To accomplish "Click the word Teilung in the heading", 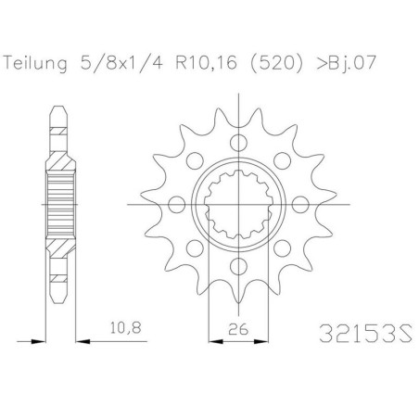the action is click(x=35, y=64).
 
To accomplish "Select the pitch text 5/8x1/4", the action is click(x=121, y=63).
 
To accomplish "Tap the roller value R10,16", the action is click(x=207, y=63).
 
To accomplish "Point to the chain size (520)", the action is click(x=275, y=63).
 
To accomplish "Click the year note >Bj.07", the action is click(x=346, y=63).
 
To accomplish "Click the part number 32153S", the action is click(x=365, y=333).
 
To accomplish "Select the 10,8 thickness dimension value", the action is click(x=126, y=327).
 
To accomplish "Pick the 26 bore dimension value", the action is click(x=238, y=329).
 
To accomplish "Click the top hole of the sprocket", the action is click(x=238, y=143).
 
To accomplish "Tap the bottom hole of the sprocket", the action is click(x=238, y=266).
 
